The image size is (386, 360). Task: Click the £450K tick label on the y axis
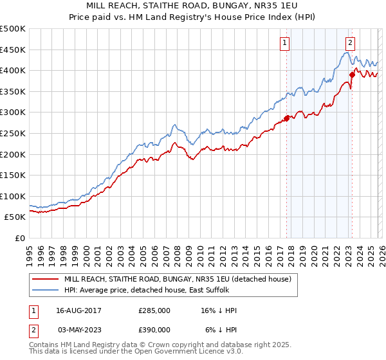coord(13,50)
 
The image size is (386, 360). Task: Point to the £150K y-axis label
coord(13,175)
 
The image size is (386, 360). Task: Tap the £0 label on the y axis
coord(20,238)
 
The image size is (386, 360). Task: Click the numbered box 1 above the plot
coord(284,43)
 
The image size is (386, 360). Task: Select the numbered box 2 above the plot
coord(350,43)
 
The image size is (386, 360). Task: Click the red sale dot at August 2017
coord(286,118)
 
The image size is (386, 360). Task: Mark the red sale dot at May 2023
coord(352,75)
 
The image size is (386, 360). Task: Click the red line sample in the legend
coord(45,279)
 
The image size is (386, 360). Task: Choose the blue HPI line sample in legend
coord(45,291)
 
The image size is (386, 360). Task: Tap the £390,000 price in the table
coord(154,329)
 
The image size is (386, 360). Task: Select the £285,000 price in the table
coord(154,310)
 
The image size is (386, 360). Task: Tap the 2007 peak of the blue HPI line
coord(174,124)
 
